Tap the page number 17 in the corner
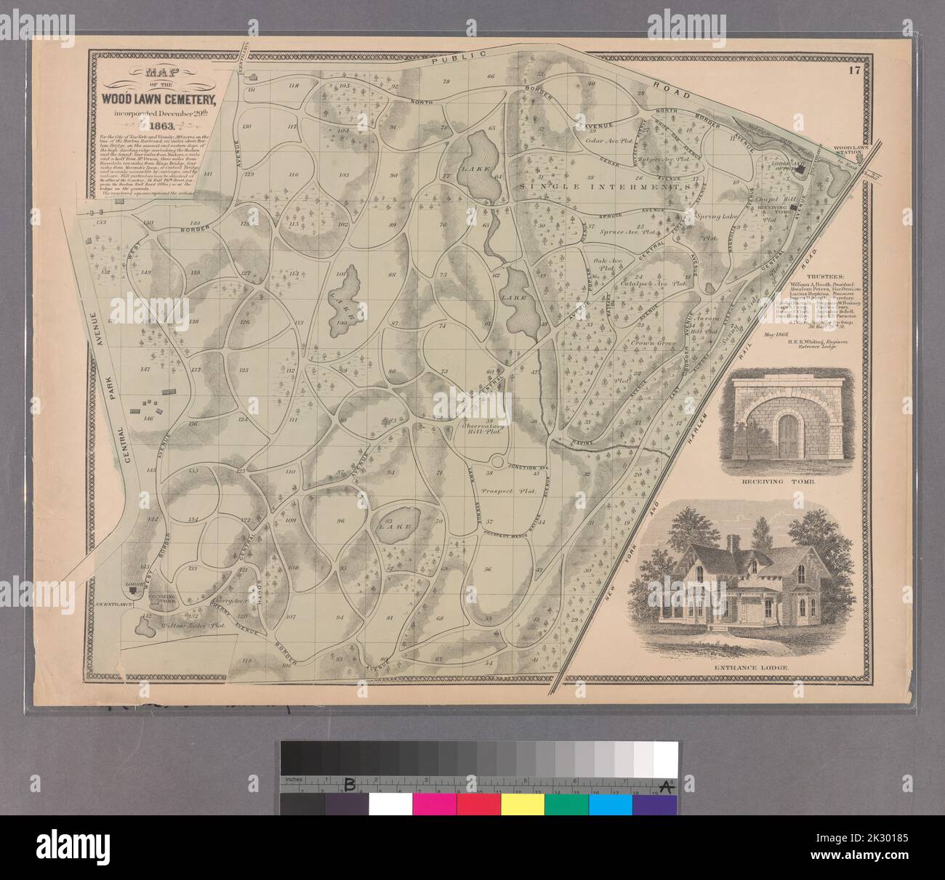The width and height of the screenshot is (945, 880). tap(853, 70)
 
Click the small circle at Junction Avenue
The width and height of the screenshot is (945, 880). tap(497, 462)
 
